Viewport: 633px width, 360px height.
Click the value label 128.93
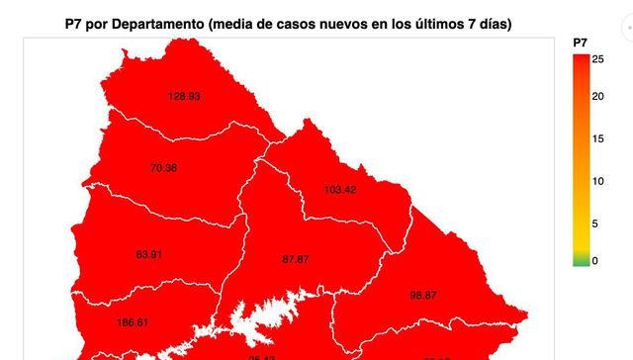point(184,97)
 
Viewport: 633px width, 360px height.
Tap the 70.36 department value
point(163,168)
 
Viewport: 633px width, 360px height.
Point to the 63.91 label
point(149,254)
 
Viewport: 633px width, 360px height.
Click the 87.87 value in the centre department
point(296,259)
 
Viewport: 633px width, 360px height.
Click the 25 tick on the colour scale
point(597,59)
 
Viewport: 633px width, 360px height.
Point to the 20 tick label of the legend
point(597,97)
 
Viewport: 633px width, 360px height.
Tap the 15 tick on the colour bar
point(597,139)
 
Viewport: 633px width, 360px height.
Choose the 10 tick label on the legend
point(597,181)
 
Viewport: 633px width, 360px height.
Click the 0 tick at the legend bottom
point(594,261)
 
